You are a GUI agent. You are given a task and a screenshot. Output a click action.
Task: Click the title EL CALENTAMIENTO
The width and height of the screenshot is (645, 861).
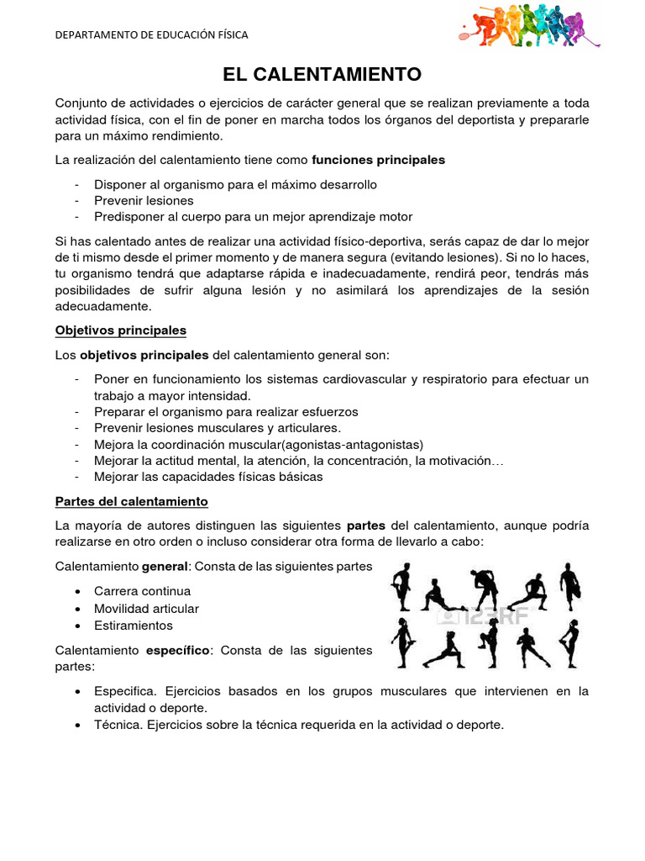tap(322, 75)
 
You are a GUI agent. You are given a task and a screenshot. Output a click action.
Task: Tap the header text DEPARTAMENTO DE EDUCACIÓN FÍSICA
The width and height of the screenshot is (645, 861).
tap(151, 35)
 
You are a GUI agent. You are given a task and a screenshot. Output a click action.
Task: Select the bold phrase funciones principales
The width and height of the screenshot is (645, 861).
tap(378, 159)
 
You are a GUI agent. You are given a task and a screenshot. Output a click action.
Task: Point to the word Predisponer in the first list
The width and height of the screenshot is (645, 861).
tap(126, 217)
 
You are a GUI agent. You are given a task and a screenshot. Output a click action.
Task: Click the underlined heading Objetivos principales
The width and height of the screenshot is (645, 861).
tap(120, 330)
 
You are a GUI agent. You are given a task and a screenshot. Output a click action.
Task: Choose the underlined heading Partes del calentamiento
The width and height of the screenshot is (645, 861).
tap(131, 501)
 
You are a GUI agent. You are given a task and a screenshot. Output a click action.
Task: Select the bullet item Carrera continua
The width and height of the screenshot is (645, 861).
tap(142, 591)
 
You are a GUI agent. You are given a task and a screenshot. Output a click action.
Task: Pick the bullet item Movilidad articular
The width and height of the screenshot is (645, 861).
tap(146, 608)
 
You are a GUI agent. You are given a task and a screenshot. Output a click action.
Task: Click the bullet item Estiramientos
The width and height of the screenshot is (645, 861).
tap(134, 626)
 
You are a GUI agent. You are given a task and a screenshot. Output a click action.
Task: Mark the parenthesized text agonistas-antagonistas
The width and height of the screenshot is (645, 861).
tap(353, 444)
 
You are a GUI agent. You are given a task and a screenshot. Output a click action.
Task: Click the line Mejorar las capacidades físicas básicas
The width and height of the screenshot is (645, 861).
tap(208, 477)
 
